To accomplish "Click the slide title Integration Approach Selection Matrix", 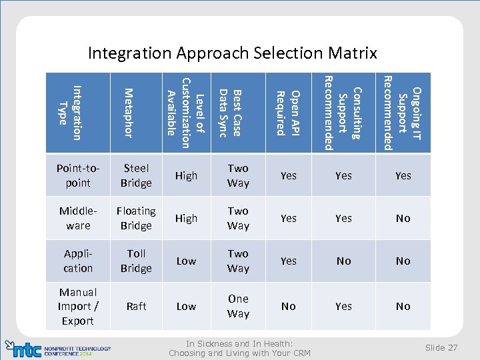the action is coord(233,53).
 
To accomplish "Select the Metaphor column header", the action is coord(129,113).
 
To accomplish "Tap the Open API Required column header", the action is coord(288,113).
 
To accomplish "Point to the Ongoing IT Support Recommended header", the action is coord(403,113).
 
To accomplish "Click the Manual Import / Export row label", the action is coord(78,306).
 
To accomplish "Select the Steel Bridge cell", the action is coord(136,175).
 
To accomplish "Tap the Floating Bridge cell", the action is coord(136,218).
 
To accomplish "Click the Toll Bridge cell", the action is coord(136,261).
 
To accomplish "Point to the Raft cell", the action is coord(136,306).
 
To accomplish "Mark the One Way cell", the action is coord(238,306).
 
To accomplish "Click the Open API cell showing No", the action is coord(288,306).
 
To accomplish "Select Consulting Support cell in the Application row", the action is coord(343,261).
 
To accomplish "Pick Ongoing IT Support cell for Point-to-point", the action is coord(403,175).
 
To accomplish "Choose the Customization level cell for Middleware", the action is coord(186,218).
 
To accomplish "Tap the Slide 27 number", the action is coord(441,347).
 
